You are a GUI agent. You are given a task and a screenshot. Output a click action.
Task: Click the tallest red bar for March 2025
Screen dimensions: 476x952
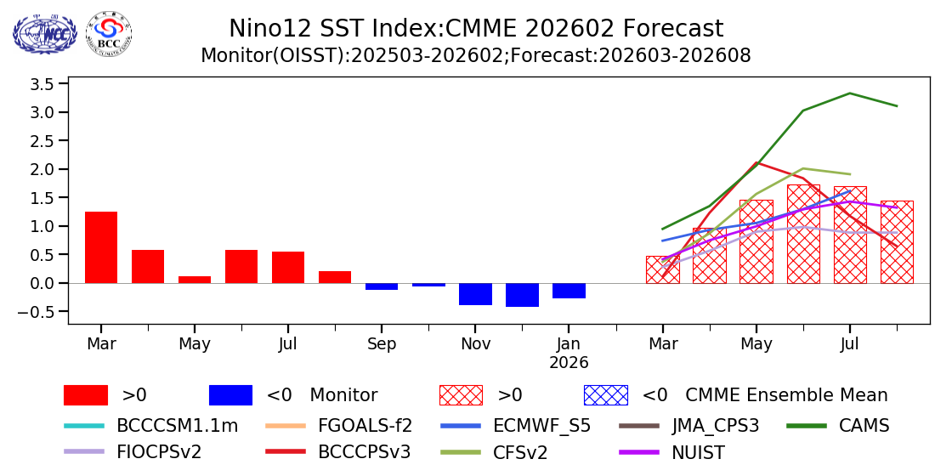click(x=101, y=247)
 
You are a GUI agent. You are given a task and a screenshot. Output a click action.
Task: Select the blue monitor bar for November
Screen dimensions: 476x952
click(x=475, y=294)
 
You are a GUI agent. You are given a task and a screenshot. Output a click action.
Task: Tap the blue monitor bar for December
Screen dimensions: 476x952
click(x=522, y=295)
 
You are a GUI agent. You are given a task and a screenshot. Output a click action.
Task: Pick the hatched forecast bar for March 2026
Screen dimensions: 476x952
click(x=662, y=269)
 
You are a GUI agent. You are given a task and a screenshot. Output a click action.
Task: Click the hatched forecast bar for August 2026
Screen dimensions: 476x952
click(x=897, y=242)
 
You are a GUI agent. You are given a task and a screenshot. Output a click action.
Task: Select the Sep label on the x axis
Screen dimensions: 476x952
click(x=382, y=344)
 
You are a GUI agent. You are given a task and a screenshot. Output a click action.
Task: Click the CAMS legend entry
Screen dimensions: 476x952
click(x=864, y=425)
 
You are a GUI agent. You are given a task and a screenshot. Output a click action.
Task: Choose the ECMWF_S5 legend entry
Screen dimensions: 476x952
click(x=541, y=425)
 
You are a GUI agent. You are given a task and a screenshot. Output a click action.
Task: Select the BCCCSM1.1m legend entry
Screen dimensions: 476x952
click(x=177, y=425)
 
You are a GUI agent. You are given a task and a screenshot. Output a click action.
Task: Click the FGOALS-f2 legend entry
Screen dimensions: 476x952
click(x=365, y=425)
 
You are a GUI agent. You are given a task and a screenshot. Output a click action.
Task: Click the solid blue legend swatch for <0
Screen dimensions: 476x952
click(x=230, y=395)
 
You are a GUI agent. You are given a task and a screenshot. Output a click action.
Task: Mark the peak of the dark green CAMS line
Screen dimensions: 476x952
click(x=850, y=93)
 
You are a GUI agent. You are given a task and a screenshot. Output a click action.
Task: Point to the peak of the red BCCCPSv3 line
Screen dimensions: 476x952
click(x=756, y=162)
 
